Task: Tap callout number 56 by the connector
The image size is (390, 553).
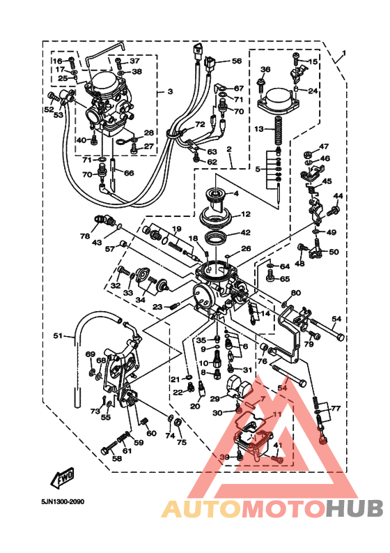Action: click(236, 61)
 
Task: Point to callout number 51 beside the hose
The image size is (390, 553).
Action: click(58, 336)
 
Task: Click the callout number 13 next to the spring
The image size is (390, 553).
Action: click(258, 129)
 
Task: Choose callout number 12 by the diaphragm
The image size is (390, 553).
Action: click(245, 215)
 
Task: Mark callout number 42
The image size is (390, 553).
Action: click(245, 233)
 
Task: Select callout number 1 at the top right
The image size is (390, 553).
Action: click(343, 54)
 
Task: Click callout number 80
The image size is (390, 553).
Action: click(295, 293)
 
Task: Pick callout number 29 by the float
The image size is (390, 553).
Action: click(215, 398)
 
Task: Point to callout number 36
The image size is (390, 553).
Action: click(265, 70)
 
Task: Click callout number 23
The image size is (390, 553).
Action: click(157, 306)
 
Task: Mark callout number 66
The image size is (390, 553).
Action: click(129, 173)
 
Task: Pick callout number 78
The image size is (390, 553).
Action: click(85, 237)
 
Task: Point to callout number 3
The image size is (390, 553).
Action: click(169, 92)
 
